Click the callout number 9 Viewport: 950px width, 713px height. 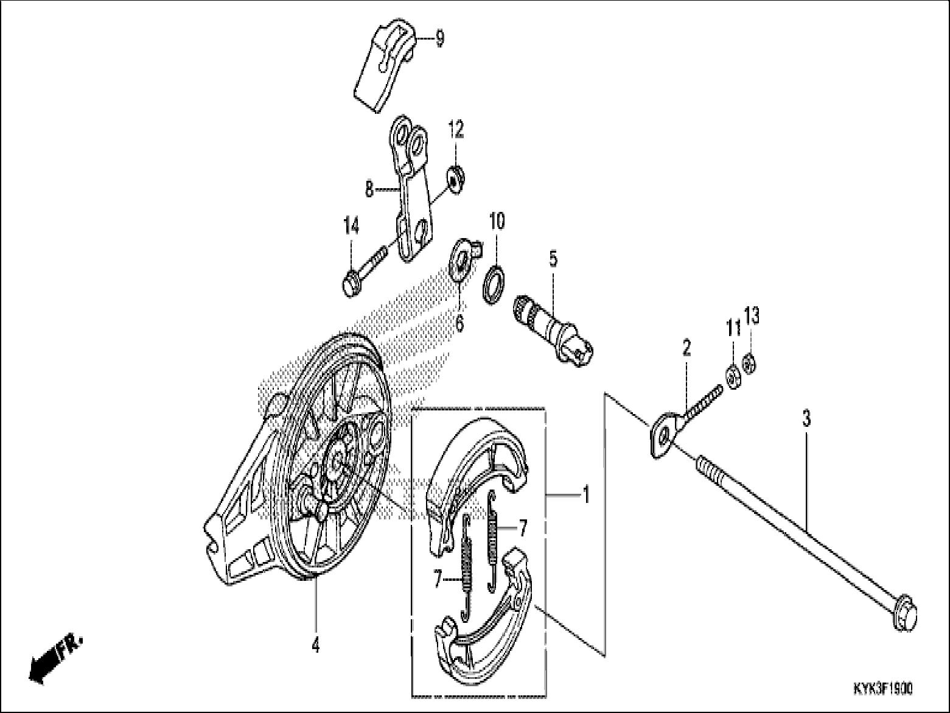(439, 39)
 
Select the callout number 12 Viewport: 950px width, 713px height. (456, 129)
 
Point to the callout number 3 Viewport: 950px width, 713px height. (806, 419)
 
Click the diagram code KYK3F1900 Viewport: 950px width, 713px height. (882, 689)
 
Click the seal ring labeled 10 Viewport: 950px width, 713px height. (495, 283)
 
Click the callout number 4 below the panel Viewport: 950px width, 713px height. (315, 645)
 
